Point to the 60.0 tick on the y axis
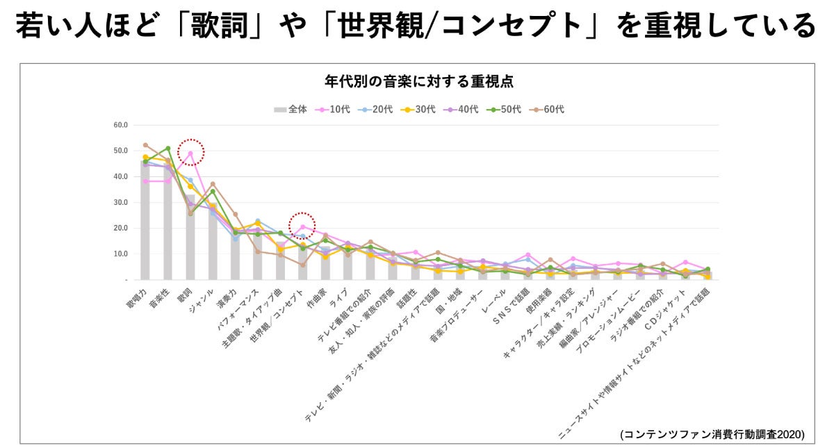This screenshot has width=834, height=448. (120, 125)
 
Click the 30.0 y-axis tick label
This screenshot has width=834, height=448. (120, 202)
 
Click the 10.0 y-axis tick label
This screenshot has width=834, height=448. (120, 254)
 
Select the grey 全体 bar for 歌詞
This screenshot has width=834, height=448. (190, 240)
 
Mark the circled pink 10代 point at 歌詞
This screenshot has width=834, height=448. (190, 154)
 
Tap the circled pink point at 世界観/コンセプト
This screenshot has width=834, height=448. (302, 226)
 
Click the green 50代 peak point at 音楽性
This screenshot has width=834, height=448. (167, 148)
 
